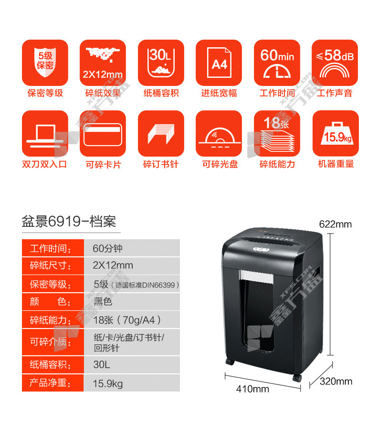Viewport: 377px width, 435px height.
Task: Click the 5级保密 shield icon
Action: coord(45,63)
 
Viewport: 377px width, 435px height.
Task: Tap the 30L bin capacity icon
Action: coord(161,63)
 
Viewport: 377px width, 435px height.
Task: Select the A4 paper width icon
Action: coord(219,63)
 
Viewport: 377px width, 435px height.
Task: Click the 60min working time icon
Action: coord(277,63)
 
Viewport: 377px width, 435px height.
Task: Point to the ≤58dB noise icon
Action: coord(335,63)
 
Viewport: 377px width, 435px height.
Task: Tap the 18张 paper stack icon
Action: coord(277,133)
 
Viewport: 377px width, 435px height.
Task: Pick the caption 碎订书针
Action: coord(161,164)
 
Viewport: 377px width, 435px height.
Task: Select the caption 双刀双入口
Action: coord(45,164)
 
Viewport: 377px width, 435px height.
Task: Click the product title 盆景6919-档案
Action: coord(69,222)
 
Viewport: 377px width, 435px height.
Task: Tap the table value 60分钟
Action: coord(107,248)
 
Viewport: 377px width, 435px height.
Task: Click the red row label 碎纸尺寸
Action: coord(50,266)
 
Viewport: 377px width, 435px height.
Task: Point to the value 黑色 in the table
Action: coord(103,301)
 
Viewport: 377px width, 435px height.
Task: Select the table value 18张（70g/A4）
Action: coord(127,320)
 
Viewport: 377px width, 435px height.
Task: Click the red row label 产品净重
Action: coord(50,383)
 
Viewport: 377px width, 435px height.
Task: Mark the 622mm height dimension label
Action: coord(335,224)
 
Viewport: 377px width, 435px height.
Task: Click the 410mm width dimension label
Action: coord(252,389)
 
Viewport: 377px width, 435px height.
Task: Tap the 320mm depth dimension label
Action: coord(336,382)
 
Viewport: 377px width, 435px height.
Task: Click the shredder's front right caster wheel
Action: coord(297,378)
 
